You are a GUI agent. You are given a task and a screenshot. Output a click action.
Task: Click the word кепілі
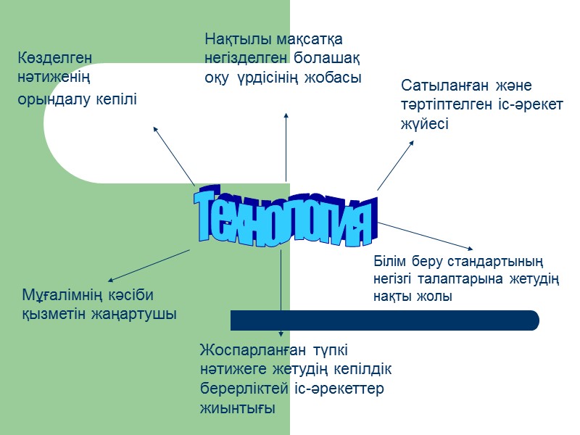(x=115, y=99)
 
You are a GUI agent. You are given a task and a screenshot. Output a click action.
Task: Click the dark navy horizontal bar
(x=384, y=320)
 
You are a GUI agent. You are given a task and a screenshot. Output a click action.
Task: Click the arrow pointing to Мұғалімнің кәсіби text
(x=148, y=265)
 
